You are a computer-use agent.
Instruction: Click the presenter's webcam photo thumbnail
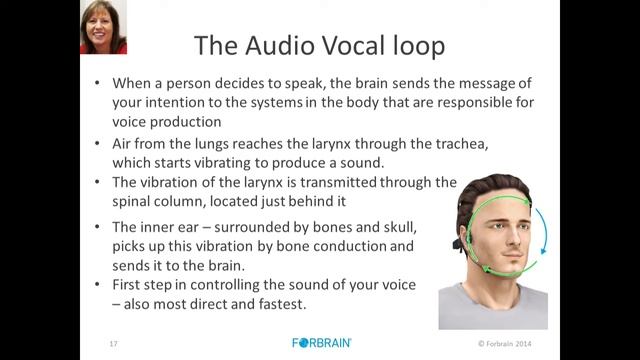[x=103, y=27]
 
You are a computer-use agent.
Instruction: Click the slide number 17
[x=113, y=343]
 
